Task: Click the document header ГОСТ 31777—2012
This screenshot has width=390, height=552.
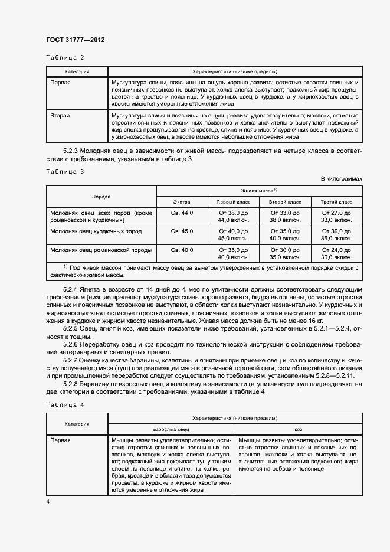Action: point(75,40)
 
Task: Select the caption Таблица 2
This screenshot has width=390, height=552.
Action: point(65,57)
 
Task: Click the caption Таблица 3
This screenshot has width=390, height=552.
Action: point(65,171)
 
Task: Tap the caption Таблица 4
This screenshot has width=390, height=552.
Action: point(65,404)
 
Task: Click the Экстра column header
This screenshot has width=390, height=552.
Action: point(182,201)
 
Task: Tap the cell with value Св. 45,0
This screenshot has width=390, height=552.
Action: point(182,231)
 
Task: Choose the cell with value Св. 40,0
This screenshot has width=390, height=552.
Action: point(182,250)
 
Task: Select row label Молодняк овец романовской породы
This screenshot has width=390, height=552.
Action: point(101,250)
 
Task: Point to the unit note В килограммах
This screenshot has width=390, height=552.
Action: point(341,178)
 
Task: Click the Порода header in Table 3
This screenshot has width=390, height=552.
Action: point(101,195)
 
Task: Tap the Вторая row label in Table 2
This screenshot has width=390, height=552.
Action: point(60,115)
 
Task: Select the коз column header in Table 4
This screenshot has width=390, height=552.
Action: point(298,429)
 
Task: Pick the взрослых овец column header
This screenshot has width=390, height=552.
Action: point(171,429)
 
